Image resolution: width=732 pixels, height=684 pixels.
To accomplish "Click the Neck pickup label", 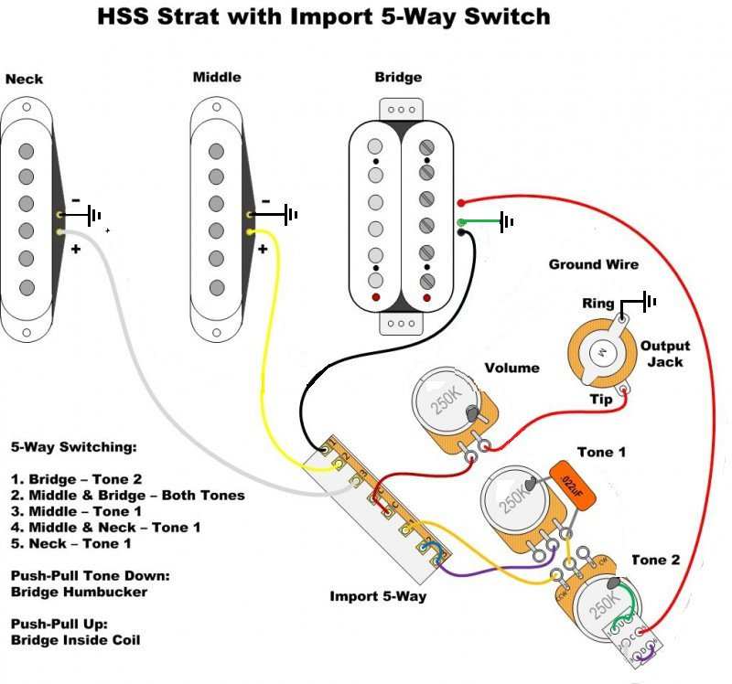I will (x=24, y=80).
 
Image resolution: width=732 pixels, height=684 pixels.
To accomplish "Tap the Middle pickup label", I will (x=217, y=78).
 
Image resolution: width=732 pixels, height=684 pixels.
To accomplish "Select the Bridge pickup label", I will (x=399, y=78).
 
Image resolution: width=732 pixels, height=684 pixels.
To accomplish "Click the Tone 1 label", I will (x=601, y=452).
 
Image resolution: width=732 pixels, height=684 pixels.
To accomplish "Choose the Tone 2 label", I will (x=655, y=560).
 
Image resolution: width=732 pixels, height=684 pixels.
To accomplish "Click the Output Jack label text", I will (x=665, y=354).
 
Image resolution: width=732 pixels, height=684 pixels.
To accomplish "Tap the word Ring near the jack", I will (x=597, y=303).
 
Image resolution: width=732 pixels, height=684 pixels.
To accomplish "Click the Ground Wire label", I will (x=593, y=264).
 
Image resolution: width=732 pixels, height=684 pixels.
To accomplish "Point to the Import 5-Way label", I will (x=378, y=596).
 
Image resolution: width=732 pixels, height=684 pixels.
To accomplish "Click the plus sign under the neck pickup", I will (x=76, y=248).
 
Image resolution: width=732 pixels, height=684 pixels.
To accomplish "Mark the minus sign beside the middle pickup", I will (x=265, y=201).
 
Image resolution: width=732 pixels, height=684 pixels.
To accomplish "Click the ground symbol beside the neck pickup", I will (x=93, y=216).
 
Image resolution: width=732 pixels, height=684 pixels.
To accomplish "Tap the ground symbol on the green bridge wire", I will (x=506, y=220).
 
